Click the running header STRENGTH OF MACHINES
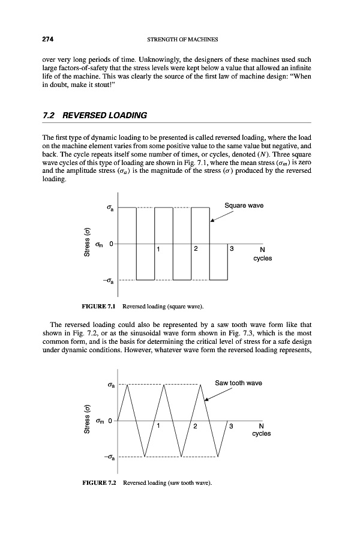click(181, 40)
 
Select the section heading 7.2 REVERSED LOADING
click(91, 115)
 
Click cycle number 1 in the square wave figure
click(158, 248)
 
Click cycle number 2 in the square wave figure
click(196, 248)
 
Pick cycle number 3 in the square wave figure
click(232, 248)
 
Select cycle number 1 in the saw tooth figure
click(158, 426)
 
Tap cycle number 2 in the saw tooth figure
click(196, 426)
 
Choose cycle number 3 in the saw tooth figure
click(232, 426)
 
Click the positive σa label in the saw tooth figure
click(109, 385)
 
